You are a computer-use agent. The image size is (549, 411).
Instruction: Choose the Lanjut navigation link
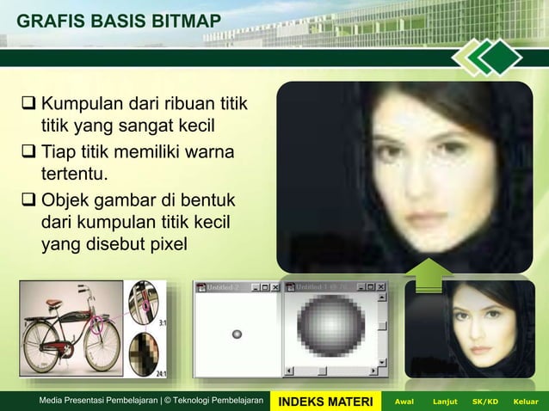click(x=445, y=401)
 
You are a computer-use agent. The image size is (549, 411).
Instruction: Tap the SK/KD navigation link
click(x=485, y=401)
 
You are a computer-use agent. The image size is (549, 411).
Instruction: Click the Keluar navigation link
click(x=524, y=401)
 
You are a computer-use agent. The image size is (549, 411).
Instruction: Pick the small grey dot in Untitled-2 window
click(x=237, y=334)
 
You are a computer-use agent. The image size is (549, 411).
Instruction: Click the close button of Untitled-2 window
click(x=275, y=286)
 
